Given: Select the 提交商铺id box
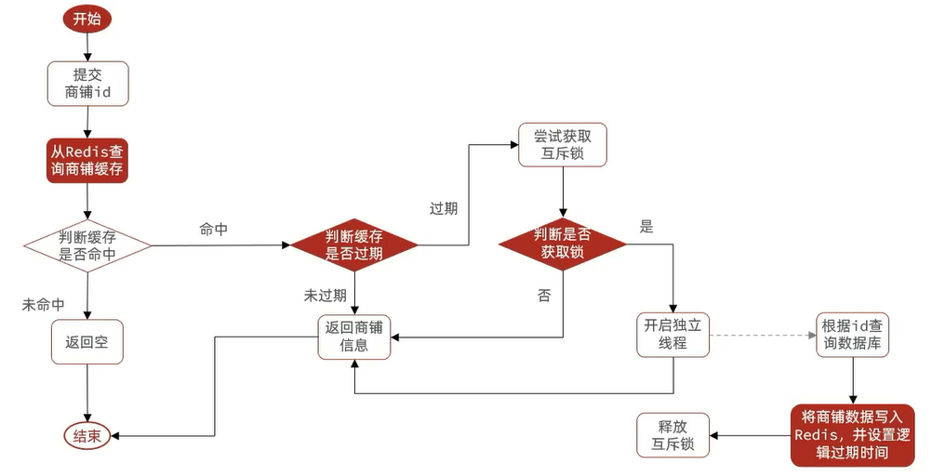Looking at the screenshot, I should point(87,84).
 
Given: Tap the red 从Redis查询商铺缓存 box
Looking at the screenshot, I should point(87,161).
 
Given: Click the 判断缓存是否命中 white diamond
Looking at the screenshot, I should point(87,245).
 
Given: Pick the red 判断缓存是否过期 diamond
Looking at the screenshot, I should point(353,245).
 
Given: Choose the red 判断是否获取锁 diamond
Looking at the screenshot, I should point(563,244).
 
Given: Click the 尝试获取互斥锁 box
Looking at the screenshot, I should point(561,144).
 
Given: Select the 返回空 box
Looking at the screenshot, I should point(87,342).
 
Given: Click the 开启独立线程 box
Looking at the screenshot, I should point(673,335).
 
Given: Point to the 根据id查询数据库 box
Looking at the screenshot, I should point(853,335).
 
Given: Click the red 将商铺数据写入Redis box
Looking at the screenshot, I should point(853,435).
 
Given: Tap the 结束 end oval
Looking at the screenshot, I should point(87,436).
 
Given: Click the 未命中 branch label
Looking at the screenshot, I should point(43,305).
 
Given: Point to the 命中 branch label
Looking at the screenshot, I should point(213,229).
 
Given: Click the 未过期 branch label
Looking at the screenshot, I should point(325,296).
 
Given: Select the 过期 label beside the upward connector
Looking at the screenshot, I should point(443,208).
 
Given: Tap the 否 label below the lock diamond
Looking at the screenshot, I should point(543,296).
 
